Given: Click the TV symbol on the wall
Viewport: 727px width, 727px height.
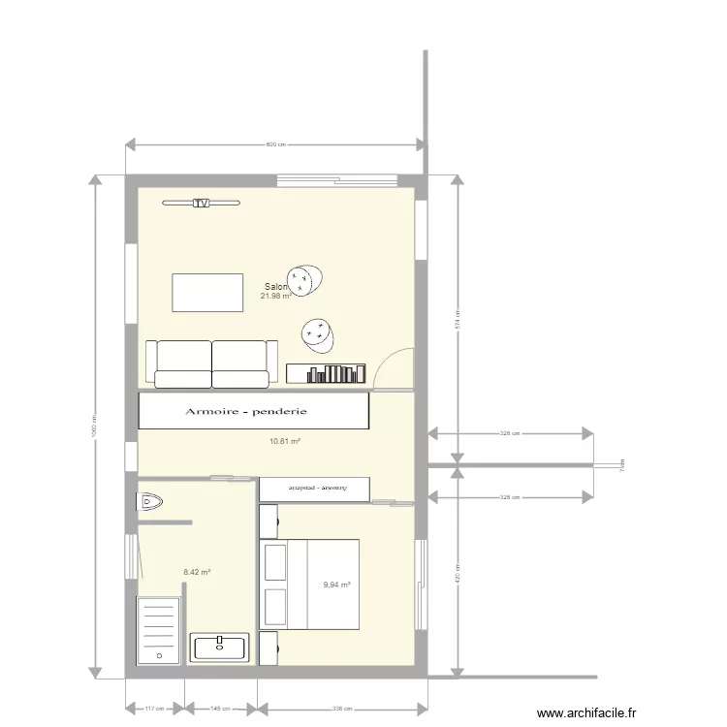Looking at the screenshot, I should point(201,204).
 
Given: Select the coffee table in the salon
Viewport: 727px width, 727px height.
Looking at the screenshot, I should point(207,293).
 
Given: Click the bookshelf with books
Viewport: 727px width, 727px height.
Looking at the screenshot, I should point(327,373).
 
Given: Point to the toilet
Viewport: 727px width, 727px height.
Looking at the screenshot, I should point(149,501).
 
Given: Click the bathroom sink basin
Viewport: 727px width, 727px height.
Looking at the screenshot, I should point(221,647).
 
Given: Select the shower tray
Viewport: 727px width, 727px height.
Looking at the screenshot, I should point(159,629).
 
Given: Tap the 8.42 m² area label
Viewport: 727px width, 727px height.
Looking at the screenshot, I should point(197,573).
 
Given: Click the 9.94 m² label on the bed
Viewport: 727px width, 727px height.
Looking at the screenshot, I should point(336,585).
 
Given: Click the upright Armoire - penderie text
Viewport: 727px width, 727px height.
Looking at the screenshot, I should point(246,412).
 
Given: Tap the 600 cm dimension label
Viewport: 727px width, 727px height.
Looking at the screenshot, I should point(276,145).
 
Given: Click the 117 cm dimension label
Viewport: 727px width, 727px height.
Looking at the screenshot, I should point(154,709).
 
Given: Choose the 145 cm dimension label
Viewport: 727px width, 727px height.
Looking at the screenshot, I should point(221,709).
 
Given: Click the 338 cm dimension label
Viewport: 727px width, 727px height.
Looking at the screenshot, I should point(340,709).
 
